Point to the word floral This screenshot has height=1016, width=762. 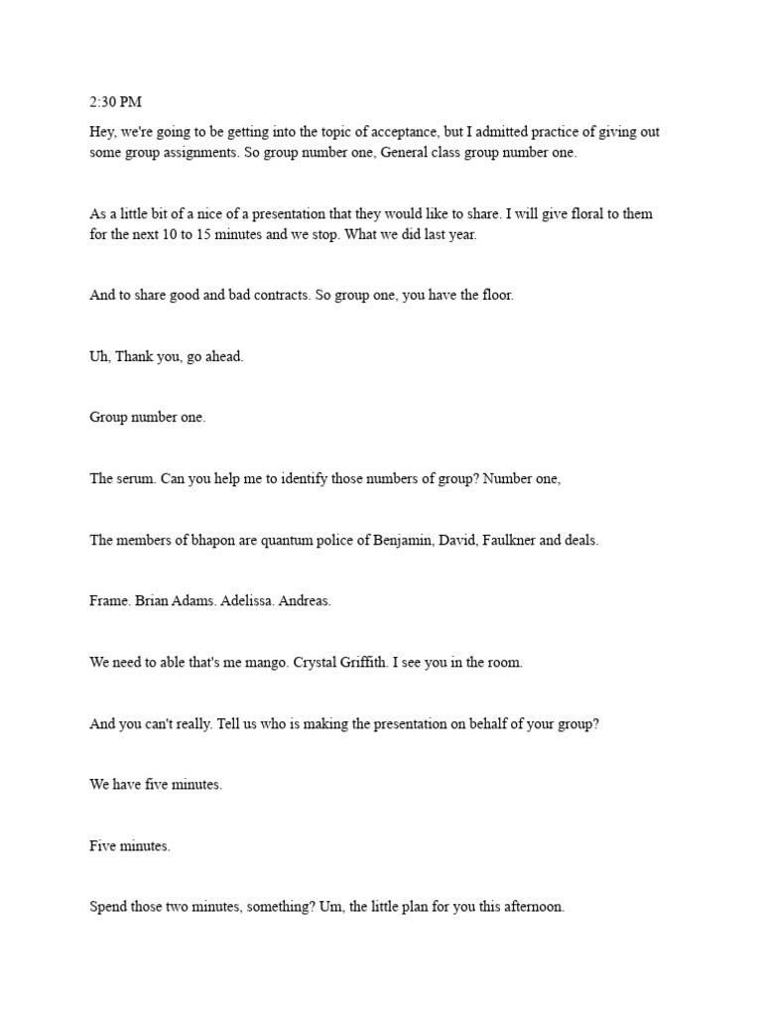point(578,214)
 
